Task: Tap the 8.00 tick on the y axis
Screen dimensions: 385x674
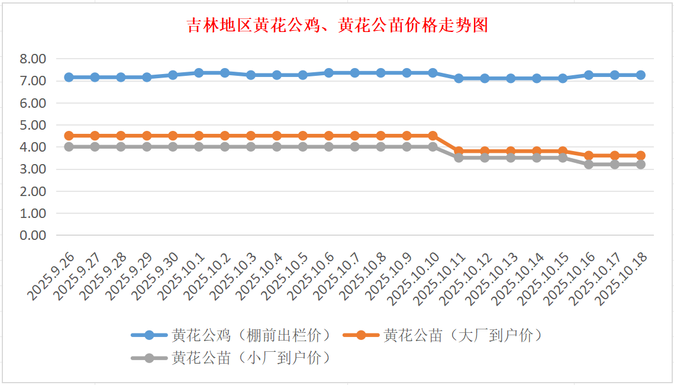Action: click(33, 59)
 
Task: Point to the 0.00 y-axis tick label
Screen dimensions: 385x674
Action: click(33, 235)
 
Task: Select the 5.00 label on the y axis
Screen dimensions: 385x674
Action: click(33, 125)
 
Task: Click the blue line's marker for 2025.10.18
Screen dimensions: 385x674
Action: click(640, 75)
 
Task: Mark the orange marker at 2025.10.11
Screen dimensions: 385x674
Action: click(459, 151)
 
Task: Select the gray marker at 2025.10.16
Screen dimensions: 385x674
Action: click(589, 164)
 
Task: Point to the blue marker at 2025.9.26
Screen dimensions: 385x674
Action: click(69, 77)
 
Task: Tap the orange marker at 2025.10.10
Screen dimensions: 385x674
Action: click(433, 136)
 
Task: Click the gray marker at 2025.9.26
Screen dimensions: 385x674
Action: click(69, 146)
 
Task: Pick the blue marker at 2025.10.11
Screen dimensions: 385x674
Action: click(459, 78)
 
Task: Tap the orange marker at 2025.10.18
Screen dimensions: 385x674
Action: click(640, 155)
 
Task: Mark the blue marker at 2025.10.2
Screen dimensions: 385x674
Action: click(225, 73)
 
